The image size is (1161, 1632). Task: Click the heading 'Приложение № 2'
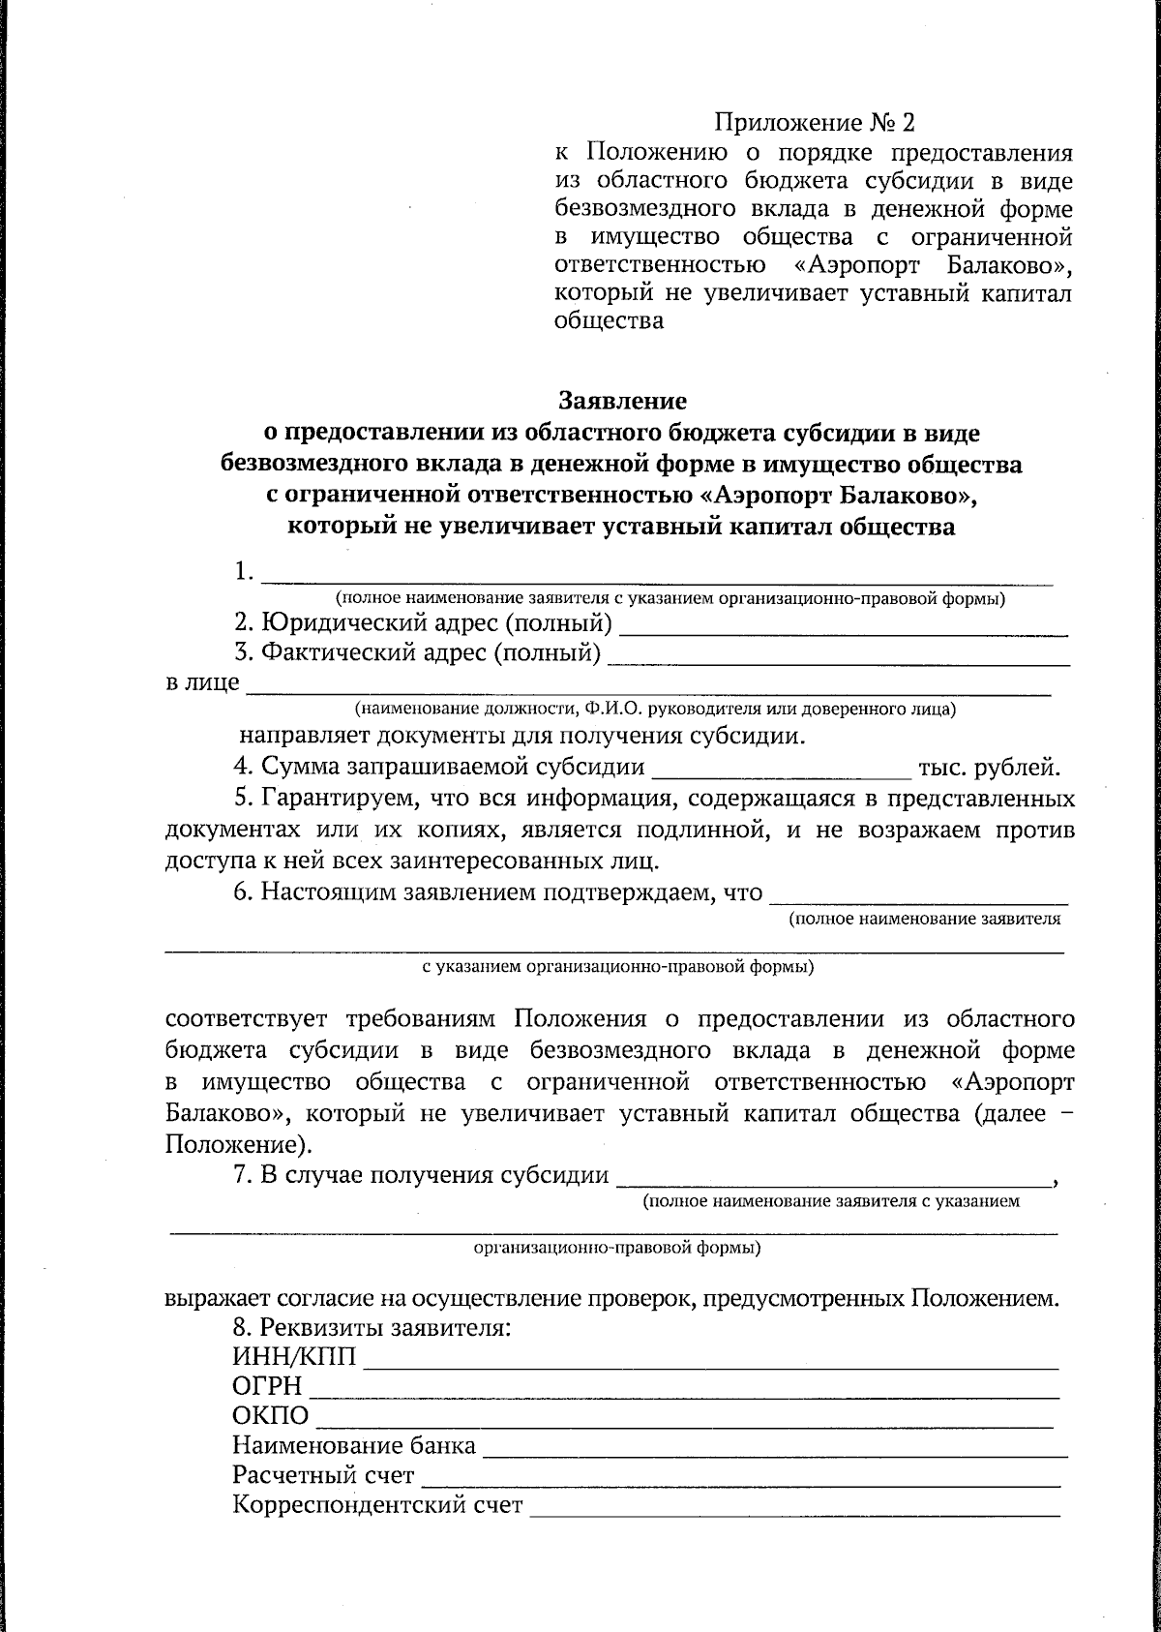click(x=814, y=123)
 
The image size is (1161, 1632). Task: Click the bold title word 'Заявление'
click(x=622, y=400)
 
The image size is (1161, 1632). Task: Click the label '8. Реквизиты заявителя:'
click(x=372, y=1326)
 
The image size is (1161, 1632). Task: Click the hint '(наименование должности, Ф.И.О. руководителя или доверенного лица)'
click(x=654, y=710)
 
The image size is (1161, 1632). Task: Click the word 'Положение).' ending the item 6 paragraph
click(x=238, y=1144)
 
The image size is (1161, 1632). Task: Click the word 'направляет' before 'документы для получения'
click(x=298, y=736)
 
